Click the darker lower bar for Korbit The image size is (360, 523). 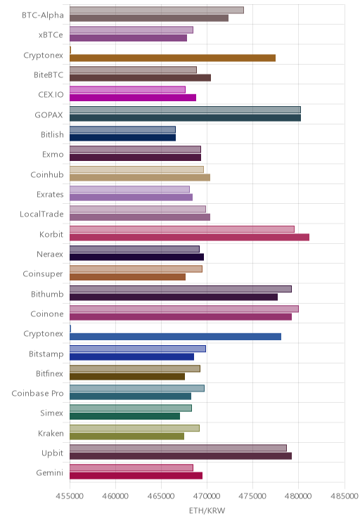(189, 237)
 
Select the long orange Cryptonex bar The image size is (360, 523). (172, 58)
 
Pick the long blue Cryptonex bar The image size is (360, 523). (175, 337)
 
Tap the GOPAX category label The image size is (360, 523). (49, 115)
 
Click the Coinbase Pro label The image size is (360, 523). (37, 393)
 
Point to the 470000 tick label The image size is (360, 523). (207, 496)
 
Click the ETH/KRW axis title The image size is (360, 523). (207, 510)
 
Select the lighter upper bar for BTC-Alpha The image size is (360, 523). (157, 10)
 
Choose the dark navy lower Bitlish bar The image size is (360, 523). (122, 138)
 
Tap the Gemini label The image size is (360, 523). (50, 472)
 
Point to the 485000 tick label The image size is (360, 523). (345, 496)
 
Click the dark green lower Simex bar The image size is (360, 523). (124, 416)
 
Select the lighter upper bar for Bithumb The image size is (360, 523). (181, 289)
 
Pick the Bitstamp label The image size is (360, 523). (46, 354)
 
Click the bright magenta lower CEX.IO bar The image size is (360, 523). (133, 98)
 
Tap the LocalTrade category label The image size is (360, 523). (41, 214)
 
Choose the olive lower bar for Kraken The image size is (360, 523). (127, 436)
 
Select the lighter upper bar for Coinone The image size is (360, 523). (184, 309)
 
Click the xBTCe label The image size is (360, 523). (51, 34)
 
